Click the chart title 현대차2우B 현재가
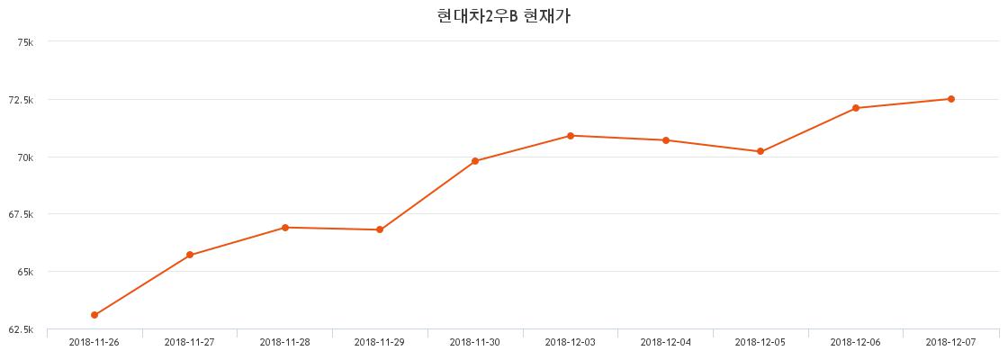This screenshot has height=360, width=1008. point(503,16)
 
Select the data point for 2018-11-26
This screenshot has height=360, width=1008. point(94,315)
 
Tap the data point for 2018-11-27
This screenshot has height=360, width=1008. point(190,256)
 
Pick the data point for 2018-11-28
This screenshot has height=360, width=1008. point(284,228)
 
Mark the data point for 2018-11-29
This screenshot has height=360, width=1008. point(380,229)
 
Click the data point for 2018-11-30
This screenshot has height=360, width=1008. point(475,161)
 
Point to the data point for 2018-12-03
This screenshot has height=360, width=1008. point(571,136)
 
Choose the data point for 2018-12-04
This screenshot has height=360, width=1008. point(665,140)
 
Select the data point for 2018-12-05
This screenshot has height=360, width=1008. point(760,152)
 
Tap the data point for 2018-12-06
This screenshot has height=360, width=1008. point(856,108)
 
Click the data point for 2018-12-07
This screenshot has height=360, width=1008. point(950,99)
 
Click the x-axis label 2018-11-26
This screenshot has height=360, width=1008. point(94,343)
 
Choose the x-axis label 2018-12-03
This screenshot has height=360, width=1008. point(571,343)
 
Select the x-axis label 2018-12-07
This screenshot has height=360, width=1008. point(950,343)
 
